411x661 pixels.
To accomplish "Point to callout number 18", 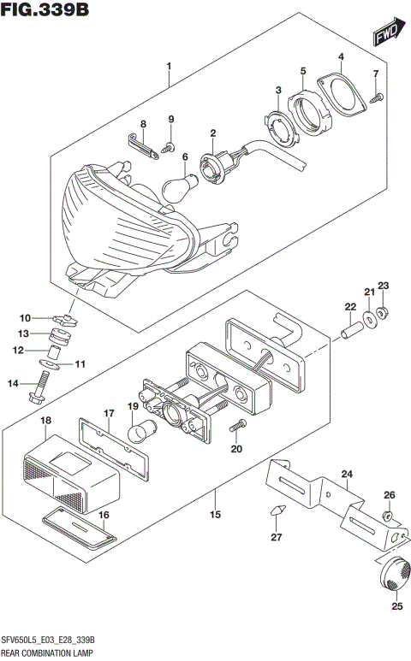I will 45,421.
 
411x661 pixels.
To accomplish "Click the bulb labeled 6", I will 176,182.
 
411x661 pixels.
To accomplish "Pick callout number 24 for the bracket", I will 346,473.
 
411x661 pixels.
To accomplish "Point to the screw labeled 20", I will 238,426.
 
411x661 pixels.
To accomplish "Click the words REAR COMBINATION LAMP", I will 50,652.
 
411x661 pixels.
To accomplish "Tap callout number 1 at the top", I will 169,67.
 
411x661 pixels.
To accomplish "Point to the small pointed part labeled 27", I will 276,511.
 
